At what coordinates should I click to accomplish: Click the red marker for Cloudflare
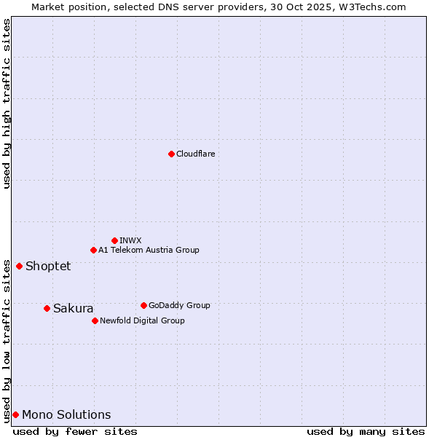tap(171, 154)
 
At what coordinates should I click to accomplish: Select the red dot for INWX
tap(114, 240)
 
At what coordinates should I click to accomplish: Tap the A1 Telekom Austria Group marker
tap(93, 250)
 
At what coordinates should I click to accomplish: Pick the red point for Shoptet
tap(19, 266)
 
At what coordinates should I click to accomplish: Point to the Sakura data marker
tap(47, 308)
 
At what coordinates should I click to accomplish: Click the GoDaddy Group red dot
tap(143, 305)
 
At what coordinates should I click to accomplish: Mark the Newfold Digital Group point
tap(95, 320)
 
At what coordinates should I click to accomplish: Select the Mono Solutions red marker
tap(15, 414)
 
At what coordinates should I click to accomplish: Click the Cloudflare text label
tap(195, 154)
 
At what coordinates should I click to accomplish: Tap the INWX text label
tap(130, 240)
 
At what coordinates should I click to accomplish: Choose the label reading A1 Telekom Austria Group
tap(149, 250)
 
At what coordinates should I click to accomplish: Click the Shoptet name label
tap(48, 266)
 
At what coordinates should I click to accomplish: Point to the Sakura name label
tap(73, 308)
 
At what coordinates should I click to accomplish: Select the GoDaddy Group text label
tap(179, 305)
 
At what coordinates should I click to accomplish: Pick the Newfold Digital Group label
tap(142, 320)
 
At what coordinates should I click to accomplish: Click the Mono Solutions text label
tap(66, 414)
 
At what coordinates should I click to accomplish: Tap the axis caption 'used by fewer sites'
tap(75, 431)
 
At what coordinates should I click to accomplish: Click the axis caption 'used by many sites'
tap(366, 431)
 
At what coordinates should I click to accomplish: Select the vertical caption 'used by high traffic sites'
tap(7, 103)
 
